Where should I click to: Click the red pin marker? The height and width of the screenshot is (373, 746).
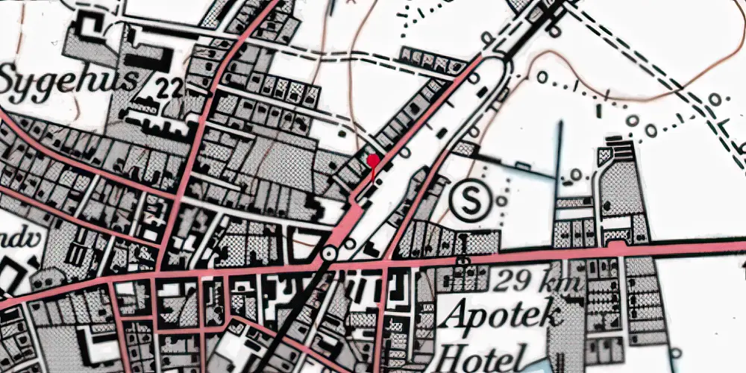pyautogui.click(x=372, y=160)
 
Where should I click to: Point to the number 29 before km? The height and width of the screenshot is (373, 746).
pyautogui.click(x=514, y=282)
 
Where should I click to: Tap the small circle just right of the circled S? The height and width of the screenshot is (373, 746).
pyautogui.click(x=501, y=200)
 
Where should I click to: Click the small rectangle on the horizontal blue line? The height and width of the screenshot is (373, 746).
pyautogui.click(x=573, y=201)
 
